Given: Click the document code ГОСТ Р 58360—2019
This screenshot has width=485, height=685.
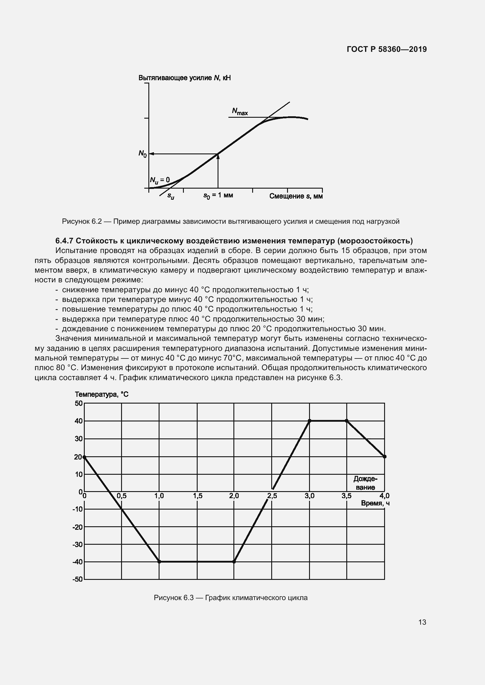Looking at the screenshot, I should pos(387,49).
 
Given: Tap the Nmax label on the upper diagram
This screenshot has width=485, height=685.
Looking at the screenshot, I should pos(240,112).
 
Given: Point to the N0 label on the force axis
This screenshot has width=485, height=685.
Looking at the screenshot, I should pos(143,154).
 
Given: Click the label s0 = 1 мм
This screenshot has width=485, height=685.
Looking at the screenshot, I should pos(218,195).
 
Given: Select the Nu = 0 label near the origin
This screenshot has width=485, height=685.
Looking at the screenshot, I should pos(160,180).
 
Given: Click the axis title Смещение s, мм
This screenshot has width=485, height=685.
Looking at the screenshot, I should pos(296,196).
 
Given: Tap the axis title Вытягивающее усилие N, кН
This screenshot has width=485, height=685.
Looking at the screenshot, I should pos(184,78).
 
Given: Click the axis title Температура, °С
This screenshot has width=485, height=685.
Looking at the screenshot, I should pos(101,394).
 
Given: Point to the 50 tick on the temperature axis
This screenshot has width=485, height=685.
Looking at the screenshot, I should pos(79,403).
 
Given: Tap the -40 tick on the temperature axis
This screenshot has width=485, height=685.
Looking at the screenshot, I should pos(77,562).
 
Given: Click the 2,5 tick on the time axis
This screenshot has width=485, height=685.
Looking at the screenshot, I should pos(272,496).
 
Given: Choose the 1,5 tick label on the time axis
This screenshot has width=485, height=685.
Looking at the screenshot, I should pos(198,496).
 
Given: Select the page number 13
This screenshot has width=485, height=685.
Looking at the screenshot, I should pos(422,622).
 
